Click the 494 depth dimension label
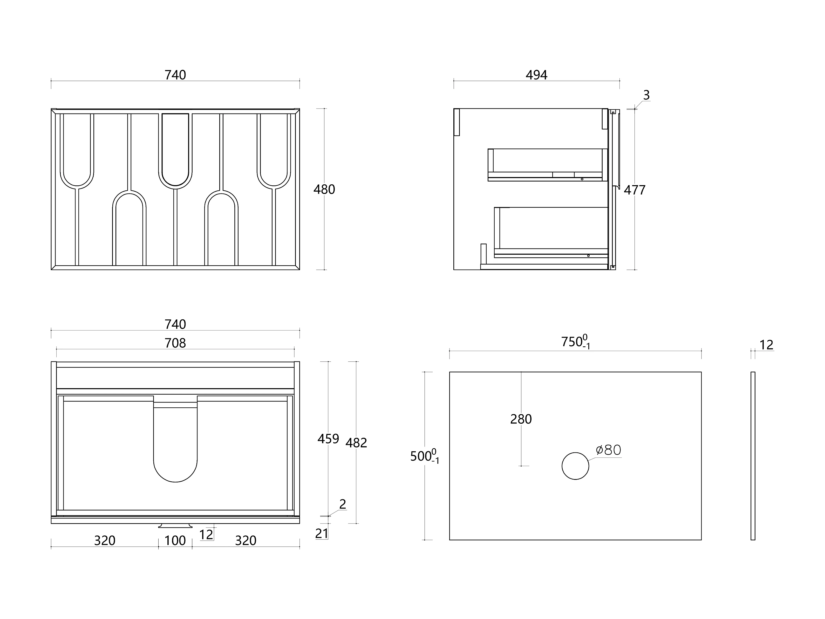pos(536,75)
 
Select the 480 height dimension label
pos(324,190)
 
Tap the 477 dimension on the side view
pos(635,190)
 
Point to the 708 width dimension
pos(175,343)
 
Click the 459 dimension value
pos(328,439)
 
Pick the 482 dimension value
pos(356,443)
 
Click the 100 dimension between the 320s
pos(175,541)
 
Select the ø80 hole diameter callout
pos(609,450)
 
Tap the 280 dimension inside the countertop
pos(521,419)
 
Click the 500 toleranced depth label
pos(424,456)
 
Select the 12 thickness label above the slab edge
pos(766,345)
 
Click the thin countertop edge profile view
pos(753,456)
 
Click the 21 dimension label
pos(322,534)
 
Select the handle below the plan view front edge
pos(175,526)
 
